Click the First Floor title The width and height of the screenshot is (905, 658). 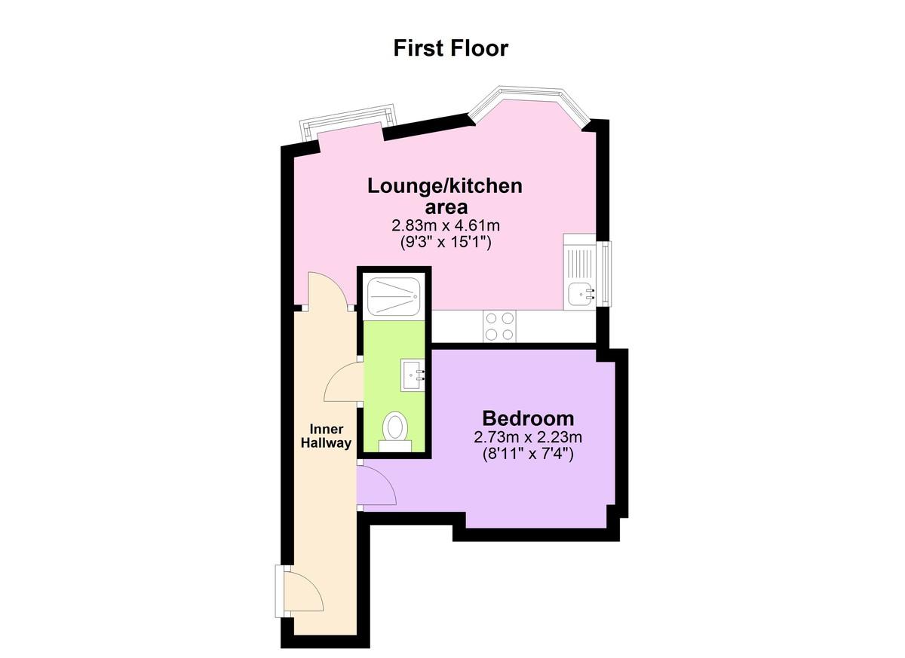pos(450,48)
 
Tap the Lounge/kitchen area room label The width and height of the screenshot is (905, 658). pos(445,196)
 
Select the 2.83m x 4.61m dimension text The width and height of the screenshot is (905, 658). pos(446,225)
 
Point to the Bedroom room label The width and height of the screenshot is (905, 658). pos(528,418)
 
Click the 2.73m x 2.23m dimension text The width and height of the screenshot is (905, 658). pos(528,437)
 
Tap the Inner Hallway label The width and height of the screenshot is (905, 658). pos(326,436)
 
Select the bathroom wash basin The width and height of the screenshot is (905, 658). pos(413,375)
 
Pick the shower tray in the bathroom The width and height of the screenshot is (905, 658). pos(394,297)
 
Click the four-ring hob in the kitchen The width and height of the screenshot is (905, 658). pos(499,326)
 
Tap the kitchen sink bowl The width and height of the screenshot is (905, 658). pos(580,294)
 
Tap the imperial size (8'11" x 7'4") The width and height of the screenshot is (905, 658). pos(528,454)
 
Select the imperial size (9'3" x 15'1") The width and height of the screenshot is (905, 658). pos(446,243)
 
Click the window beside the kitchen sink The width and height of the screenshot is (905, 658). pos(606,274)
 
